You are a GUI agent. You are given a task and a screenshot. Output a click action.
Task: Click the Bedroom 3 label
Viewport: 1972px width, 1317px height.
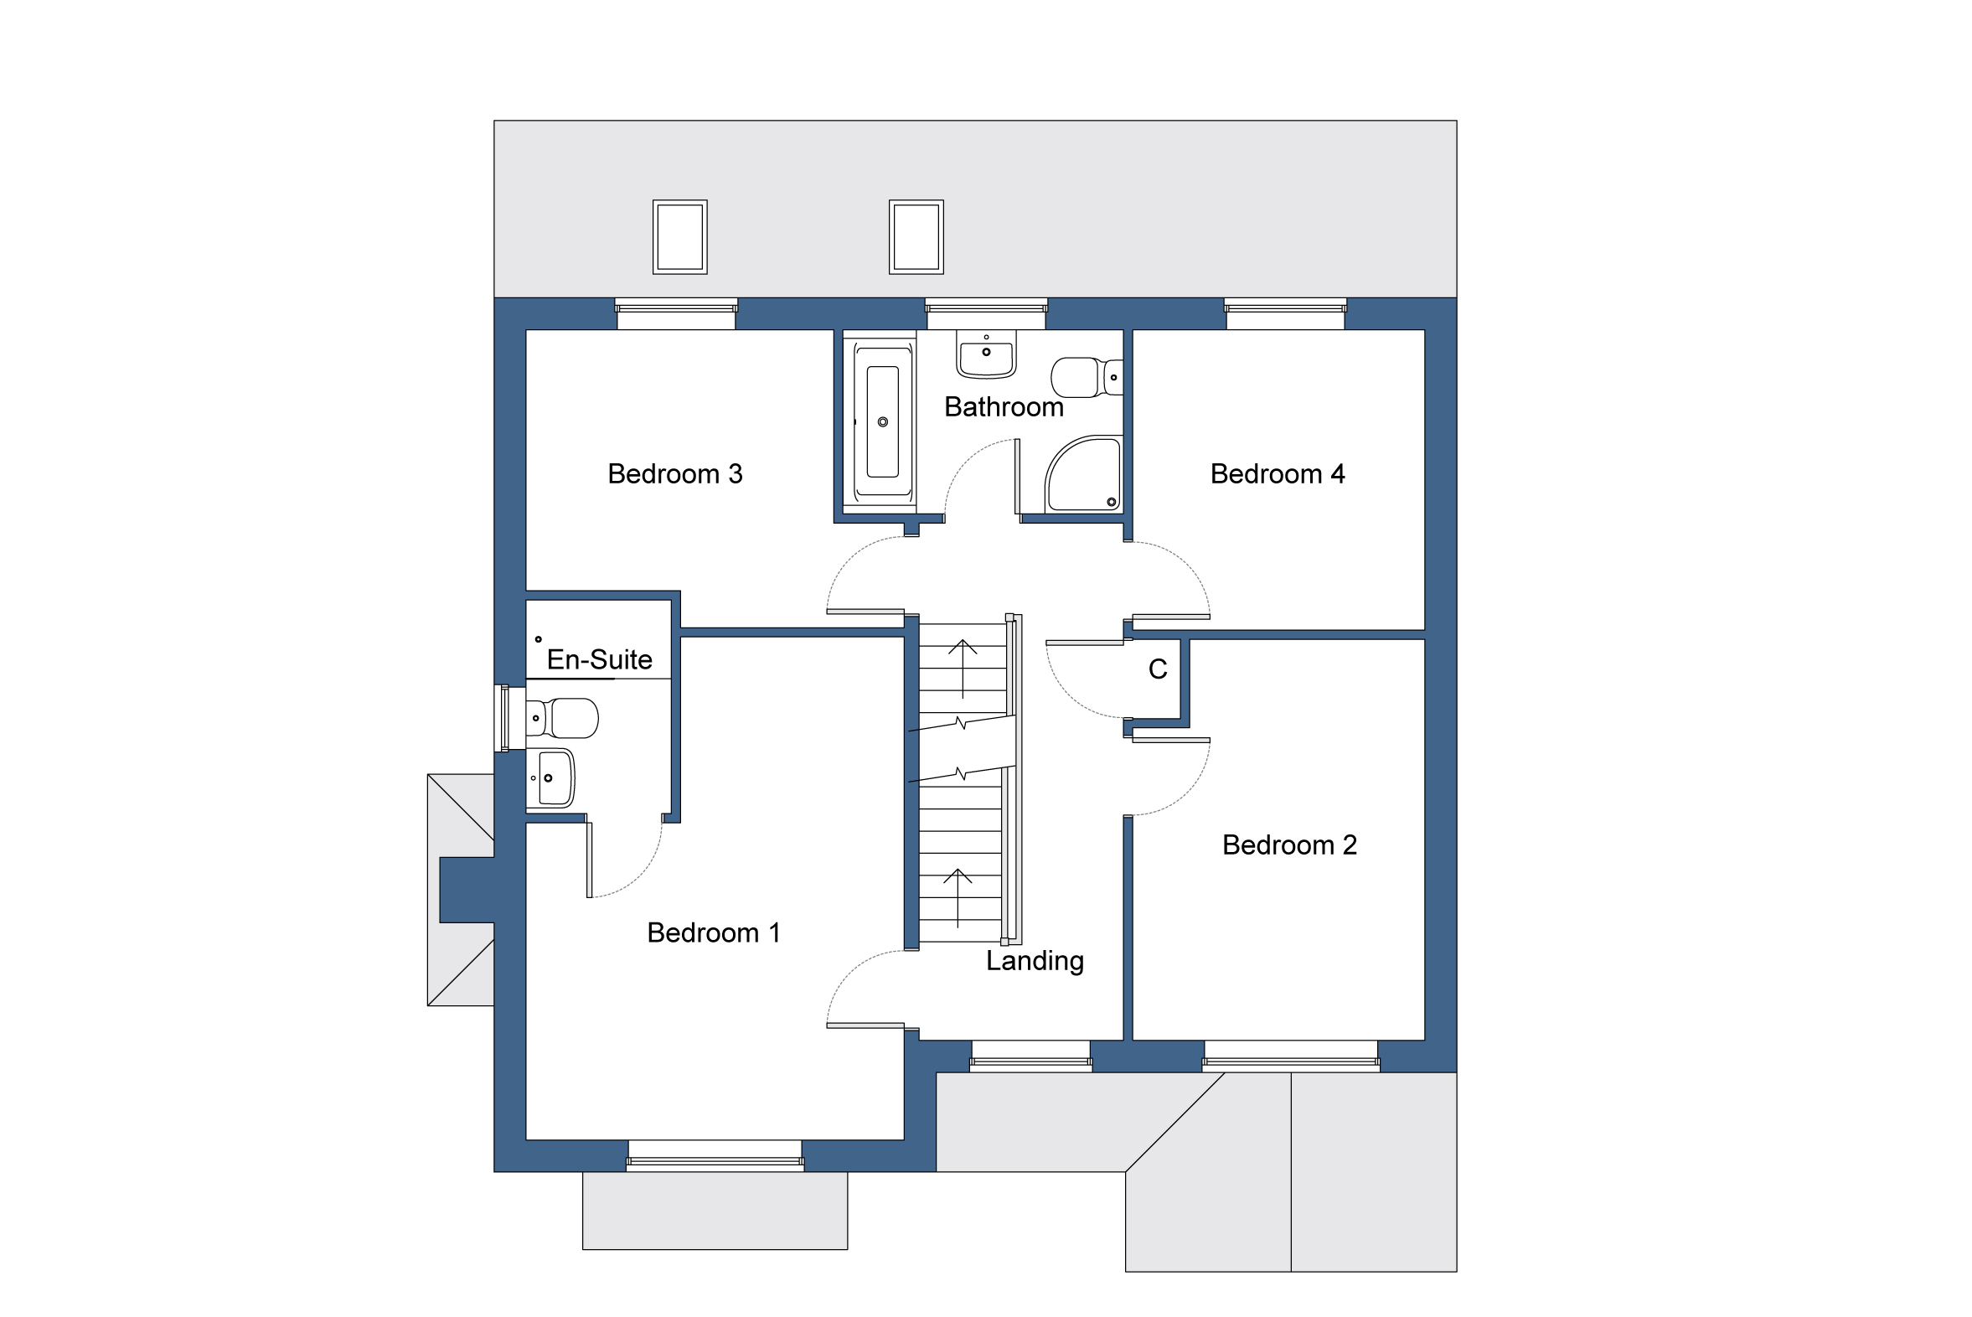pos(674,474)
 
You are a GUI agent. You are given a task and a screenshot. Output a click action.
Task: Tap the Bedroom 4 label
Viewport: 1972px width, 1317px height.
pos(1277,474)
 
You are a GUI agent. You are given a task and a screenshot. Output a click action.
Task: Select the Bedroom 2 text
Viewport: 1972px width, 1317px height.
pos(1289,845)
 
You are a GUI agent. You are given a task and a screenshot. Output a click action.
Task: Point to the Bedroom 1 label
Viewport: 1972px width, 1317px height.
pos(713,933)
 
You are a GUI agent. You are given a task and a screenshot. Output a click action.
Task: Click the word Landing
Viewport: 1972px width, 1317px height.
pos(1034,961)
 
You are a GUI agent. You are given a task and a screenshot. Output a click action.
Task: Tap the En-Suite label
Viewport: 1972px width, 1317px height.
pos(599,660)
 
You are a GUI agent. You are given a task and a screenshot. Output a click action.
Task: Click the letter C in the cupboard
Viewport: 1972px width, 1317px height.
pos(1158,669)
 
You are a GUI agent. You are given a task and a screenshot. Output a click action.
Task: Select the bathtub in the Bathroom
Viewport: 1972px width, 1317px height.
pos(882,421)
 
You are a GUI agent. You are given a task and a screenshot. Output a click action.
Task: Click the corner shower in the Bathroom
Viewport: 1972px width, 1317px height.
pos(1084,475)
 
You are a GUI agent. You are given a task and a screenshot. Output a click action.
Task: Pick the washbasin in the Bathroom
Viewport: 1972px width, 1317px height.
pos(986,354)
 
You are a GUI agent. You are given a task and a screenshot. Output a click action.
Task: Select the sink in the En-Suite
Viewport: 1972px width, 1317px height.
pos(551,778)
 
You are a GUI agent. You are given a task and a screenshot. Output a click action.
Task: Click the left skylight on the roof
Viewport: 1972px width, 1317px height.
pos(679,237)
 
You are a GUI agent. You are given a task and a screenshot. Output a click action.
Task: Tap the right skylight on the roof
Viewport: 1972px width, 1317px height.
pos(916,237)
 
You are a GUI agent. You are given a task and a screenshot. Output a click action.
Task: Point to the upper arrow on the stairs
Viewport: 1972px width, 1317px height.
pos(963,668)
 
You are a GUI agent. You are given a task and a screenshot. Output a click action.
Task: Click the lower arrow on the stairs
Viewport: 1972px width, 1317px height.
pos(958,898)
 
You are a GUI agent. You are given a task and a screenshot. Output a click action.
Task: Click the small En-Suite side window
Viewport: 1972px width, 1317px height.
pos(505,718)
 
